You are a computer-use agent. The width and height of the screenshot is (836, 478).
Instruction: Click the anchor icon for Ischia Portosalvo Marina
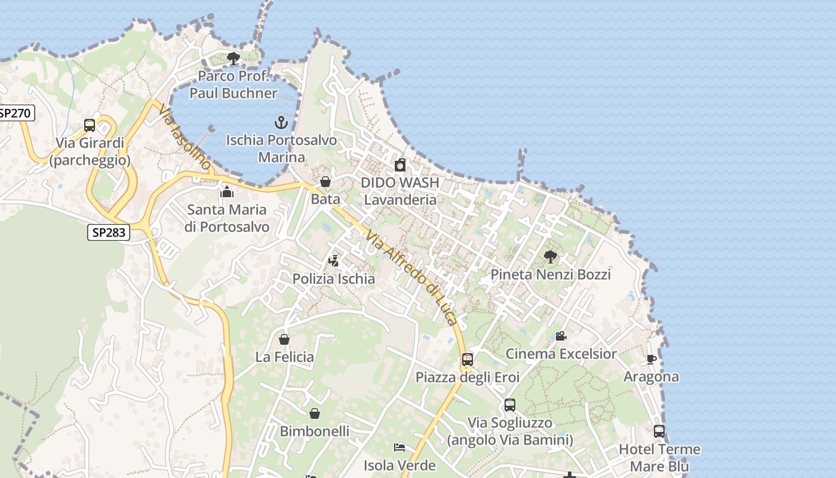[x=281, y=122]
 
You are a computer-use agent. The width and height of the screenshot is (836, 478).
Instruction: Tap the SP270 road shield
[x=16, y=113]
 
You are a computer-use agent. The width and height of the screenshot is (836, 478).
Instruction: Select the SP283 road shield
[x=108, y=232]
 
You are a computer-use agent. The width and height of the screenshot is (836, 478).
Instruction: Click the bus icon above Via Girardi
[x=90, y=125]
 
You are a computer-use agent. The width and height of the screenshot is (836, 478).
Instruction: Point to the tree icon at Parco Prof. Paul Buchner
[x=233, y=58]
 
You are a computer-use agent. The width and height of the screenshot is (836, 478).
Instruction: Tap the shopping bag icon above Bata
[x=325, y=182]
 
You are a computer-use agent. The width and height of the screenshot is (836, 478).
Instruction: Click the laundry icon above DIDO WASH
[x=400, y=165]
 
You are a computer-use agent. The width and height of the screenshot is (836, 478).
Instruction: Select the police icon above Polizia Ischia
[x=334, y=261]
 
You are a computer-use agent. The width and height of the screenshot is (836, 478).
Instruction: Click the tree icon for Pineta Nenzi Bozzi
[x=550, y=257]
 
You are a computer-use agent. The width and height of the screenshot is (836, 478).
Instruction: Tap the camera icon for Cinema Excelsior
[x=561, y=336]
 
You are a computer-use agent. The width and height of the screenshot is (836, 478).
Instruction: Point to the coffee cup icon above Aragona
[x=651, y=359]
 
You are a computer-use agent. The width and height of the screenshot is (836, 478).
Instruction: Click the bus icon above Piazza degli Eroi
[x=468, y=360]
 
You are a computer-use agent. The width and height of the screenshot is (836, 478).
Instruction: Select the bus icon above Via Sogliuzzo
[x=509, y=405]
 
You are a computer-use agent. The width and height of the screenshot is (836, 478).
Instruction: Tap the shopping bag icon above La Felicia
[x=284, y=339]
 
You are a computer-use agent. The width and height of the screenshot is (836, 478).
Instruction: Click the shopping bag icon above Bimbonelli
[x=315, y=413]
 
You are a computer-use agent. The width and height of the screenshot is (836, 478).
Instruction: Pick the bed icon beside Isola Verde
[x=399, y=447]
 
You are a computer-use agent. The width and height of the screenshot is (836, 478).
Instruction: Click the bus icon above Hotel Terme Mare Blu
[x=659, y=431]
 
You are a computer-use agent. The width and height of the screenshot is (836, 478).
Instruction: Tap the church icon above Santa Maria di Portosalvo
[x=226, y=192]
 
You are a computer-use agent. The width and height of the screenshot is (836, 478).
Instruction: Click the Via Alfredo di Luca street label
[x=412, y=277]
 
